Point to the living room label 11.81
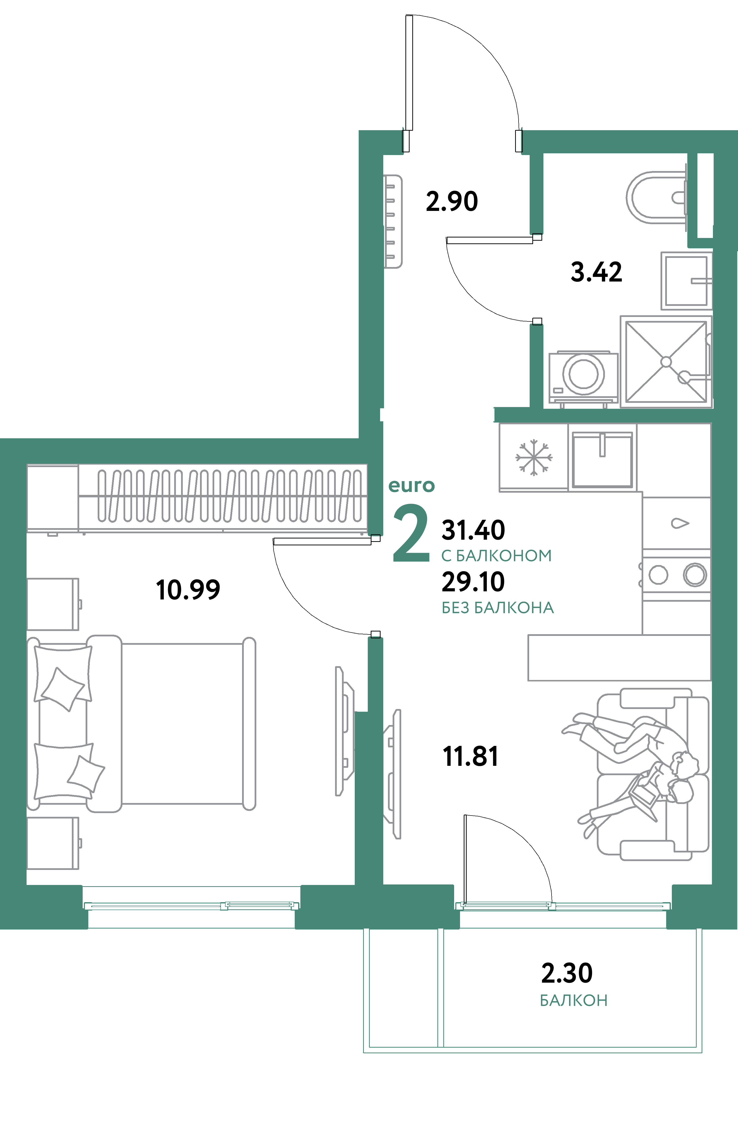470,757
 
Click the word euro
412,486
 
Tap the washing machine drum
584,374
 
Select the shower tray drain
666,362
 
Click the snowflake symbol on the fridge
534,457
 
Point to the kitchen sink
602,460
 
